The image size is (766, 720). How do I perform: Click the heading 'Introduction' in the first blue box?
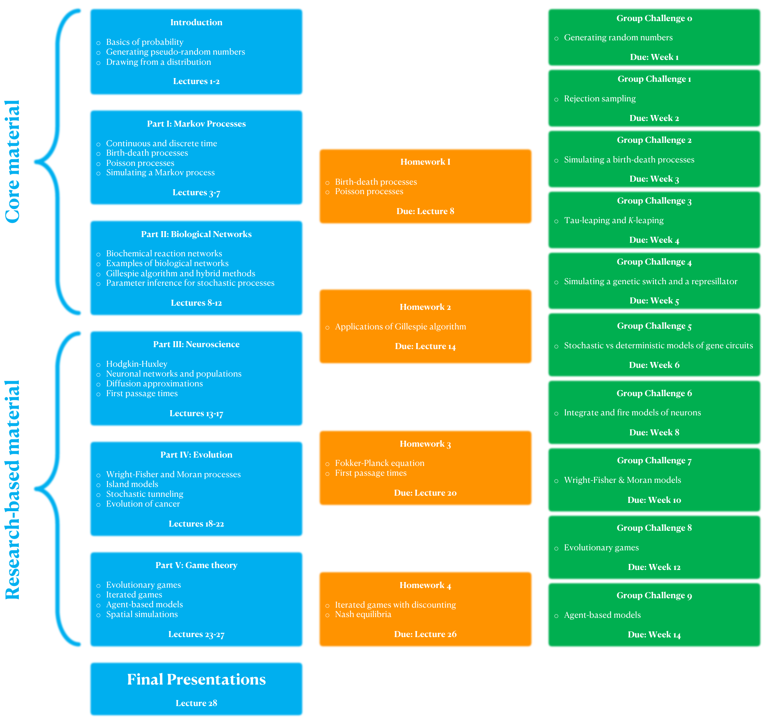pyautogui.click(x=196, y=22)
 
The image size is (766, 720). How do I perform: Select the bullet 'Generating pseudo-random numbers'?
pyautogui.click(x=175, y=52)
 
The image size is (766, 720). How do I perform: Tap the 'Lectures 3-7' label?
pyautogui.click(x=196, y=193)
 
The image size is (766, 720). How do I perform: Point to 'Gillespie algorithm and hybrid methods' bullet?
pyautogui.click(x=181, y=274)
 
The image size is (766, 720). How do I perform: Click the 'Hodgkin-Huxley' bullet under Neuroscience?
pyautogui.click(x=137, y=364)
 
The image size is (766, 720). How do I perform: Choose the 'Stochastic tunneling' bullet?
pyautogui.click(x=144, y=494)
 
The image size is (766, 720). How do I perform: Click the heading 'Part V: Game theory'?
pyautogui.click(x=196, y=565)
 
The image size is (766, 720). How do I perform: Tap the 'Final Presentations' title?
pyautogui.click(x=196, y=680)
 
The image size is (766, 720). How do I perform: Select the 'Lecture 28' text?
pyautogui.click(x=196, y=703)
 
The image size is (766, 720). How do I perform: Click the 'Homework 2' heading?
pyautogui.click(x=425, y=307)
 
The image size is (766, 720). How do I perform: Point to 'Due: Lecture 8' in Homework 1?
pyautogui.click(x=425, y=211)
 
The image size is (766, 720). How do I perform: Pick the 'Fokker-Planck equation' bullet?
pyautogui.click(x=380, y=463)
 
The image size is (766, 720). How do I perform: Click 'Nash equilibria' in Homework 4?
pyautogui.click(x=363, y=614)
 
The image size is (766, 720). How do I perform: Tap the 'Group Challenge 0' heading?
pyautogui.click(x=654, y=18)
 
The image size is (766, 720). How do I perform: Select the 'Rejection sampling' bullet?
pyautogui.click(x=599, y=99)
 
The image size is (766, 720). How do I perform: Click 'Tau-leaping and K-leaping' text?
pyautogui.click(x=614, y=221)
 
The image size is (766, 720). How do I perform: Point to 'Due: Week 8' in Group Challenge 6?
pyautogui.click(x=654, y=433)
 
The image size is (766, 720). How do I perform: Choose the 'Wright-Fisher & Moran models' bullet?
pyautogui.click(x=622, y=480)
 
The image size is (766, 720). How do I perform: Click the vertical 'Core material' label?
pyautogui.click(x=12, y=162)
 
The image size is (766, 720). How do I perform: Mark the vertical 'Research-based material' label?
pyautogui.click(x=12, y=490)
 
